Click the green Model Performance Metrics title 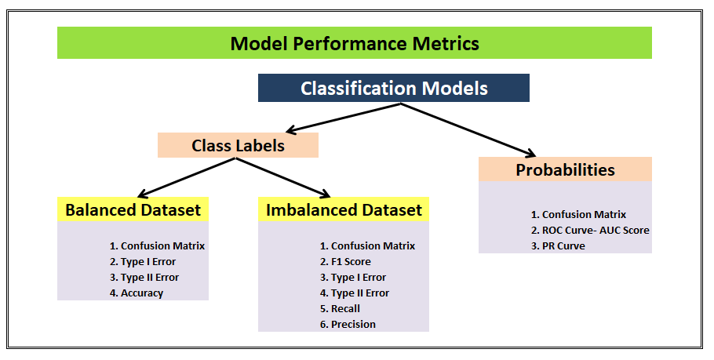pos(355,43)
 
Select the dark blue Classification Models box pos(394,88)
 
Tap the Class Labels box pos(238,145)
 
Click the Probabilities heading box pos(565,169)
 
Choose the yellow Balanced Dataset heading pos(133,209)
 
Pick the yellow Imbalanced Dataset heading pos(344,209)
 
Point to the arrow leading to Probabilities pos(471,129)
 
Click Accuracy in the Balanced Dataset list pos(142,293)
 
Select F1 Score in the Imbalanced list pos(351,261)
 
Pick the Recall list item pos(345,308)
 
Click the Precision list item pos(353,324)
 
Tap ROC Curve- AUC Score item pos(596,230)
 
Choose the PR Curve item pos(563,245)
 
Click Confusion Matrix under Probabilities pos(584,214)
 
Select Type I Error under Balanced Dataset pos(148,261)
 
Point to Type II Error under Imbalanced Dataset pos(359,293)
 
